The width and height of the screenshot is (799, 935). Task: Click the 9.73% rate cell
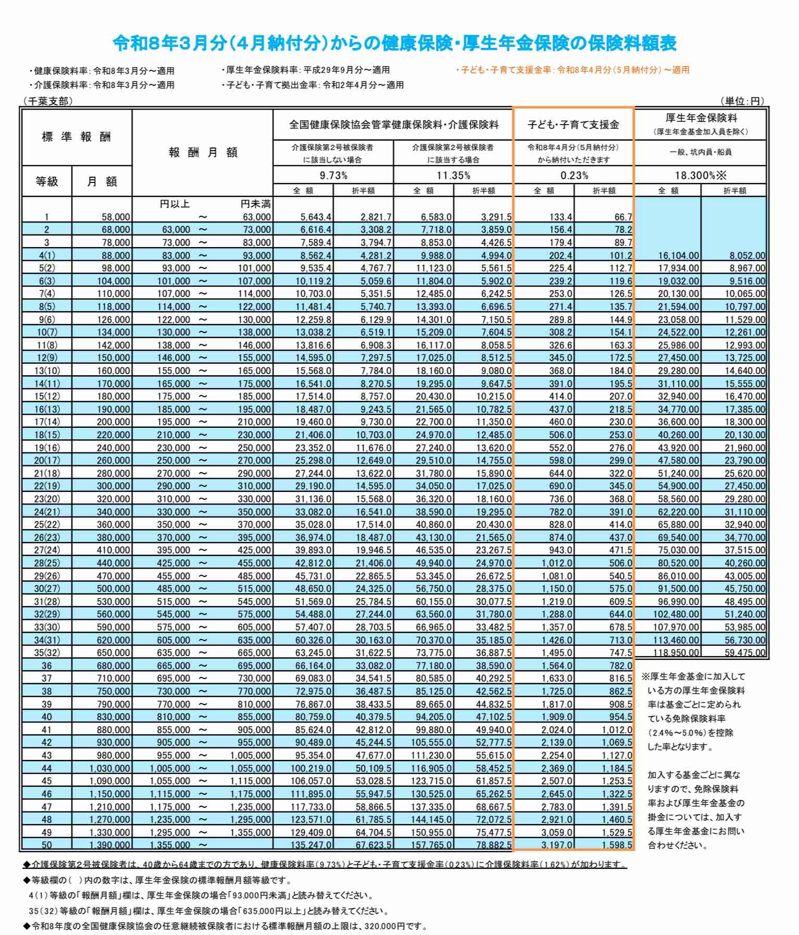click(x=333, y=175)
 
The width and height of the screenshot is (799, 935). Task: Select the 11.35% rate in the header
click(x=453, y=175)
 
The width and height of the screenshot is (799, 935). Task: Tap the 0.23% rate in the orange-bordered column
click(x=574, y=175)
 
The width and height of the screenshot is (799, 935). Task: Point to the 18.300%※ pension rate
click(x=701, y=175)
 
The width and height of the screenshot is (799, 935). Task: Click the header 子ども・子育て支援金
click(x=573, y=125)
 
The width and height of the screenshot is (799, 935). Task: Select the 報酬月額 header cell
click(x=203, y=152)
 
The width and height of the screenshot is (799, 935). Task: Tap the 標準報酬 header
click(x=76, y=137)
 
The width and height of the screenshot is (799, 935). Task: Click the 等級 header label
click(x=47, y=181)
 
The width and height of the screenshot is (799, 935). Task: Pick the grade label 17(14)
click(x=47, y=422)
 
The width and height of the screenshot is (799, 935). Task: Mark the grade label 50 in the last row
click(x=47, y=845)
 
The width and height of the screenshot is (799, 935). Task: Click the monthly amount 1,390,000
click(x=109, y=845)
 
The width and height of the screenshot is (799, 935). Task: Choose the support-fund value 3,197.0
click(x=557, y=845)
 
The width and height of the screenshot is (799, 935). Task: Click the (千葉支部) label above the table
click(x=47, y=101)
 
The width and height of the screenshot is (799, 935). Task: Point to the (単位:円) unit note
click(x=742, y=101)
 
